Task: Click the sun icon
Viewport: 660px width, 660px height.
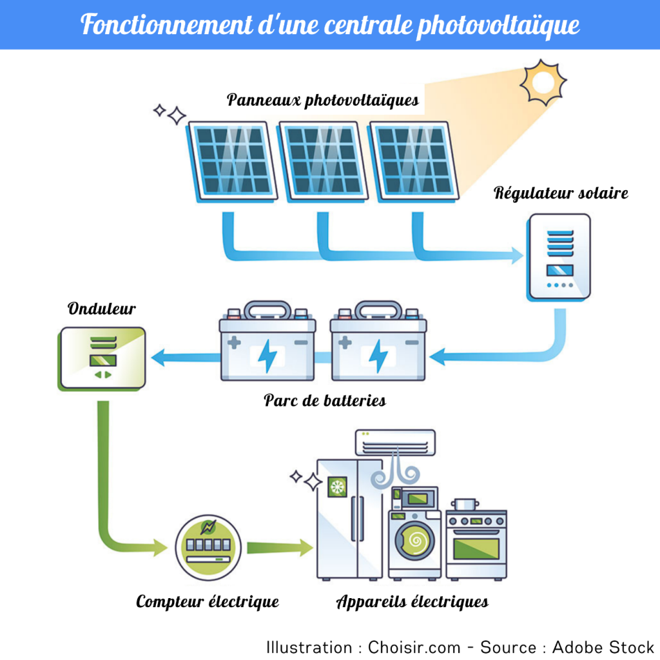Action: (x=543, y=82)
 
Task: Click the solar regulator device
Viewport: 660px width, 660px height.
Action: (x=558, y=256)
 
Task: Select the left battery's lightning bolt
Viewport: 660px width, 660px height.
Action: (x=267, y=356)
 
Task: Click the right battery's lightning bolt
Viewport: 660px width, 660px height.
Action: (x=378, y=356)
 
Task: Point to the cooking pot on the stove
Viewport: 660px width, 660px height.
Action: (x=465, y=503)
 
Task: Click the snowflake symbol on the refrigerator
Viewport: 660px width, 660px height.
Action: (x=337, y=487)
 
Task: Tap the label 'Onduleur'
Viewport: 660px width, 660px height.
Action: (x=102, y=309)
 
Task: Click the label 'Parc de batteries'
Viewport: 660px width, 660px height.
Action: (x=325, y=400)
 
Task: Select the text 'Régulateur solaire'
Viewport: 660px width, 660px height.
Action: (x=561, y=193)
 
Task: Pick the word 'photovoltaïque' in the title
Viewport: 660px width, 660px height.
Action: (x=498, y=24)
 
